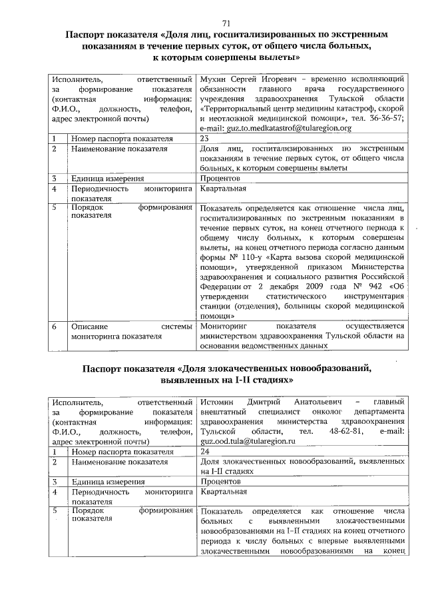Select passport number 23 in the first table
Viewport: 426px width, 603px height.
click(205, 138)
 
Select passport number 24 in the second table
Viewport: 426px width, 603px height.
click(205, 451)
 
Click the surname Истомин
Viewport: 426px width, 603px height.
click(218, 401)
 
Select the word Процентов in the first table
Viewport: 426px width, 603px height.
click(220, 179)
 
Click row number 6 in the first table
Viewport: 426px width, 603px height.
click(55, 327)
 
